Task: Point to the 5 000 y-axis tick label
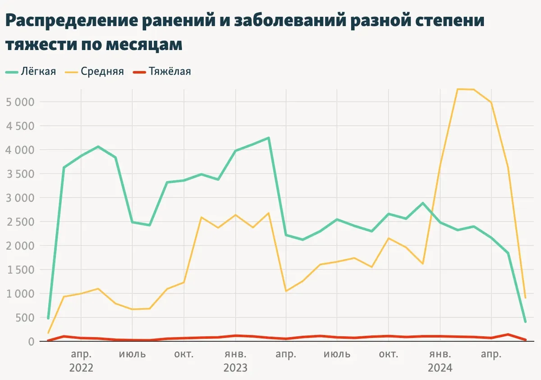click(20, 102)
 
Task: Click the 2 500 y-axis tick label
click(20, 222)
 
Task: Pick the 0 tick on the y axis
click(31, 342)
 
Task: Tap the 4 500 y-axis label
click(20, 126)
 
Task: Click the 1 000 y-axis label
click(20, 294)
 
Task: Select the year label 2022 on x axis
click(81, 368)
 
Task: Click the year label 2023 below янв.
click(235, 368)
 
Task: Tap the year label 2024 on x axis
click(440, 368)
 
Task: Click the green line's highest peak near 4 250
click(269, 138)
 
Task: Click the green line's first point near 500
click(48, 318)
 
